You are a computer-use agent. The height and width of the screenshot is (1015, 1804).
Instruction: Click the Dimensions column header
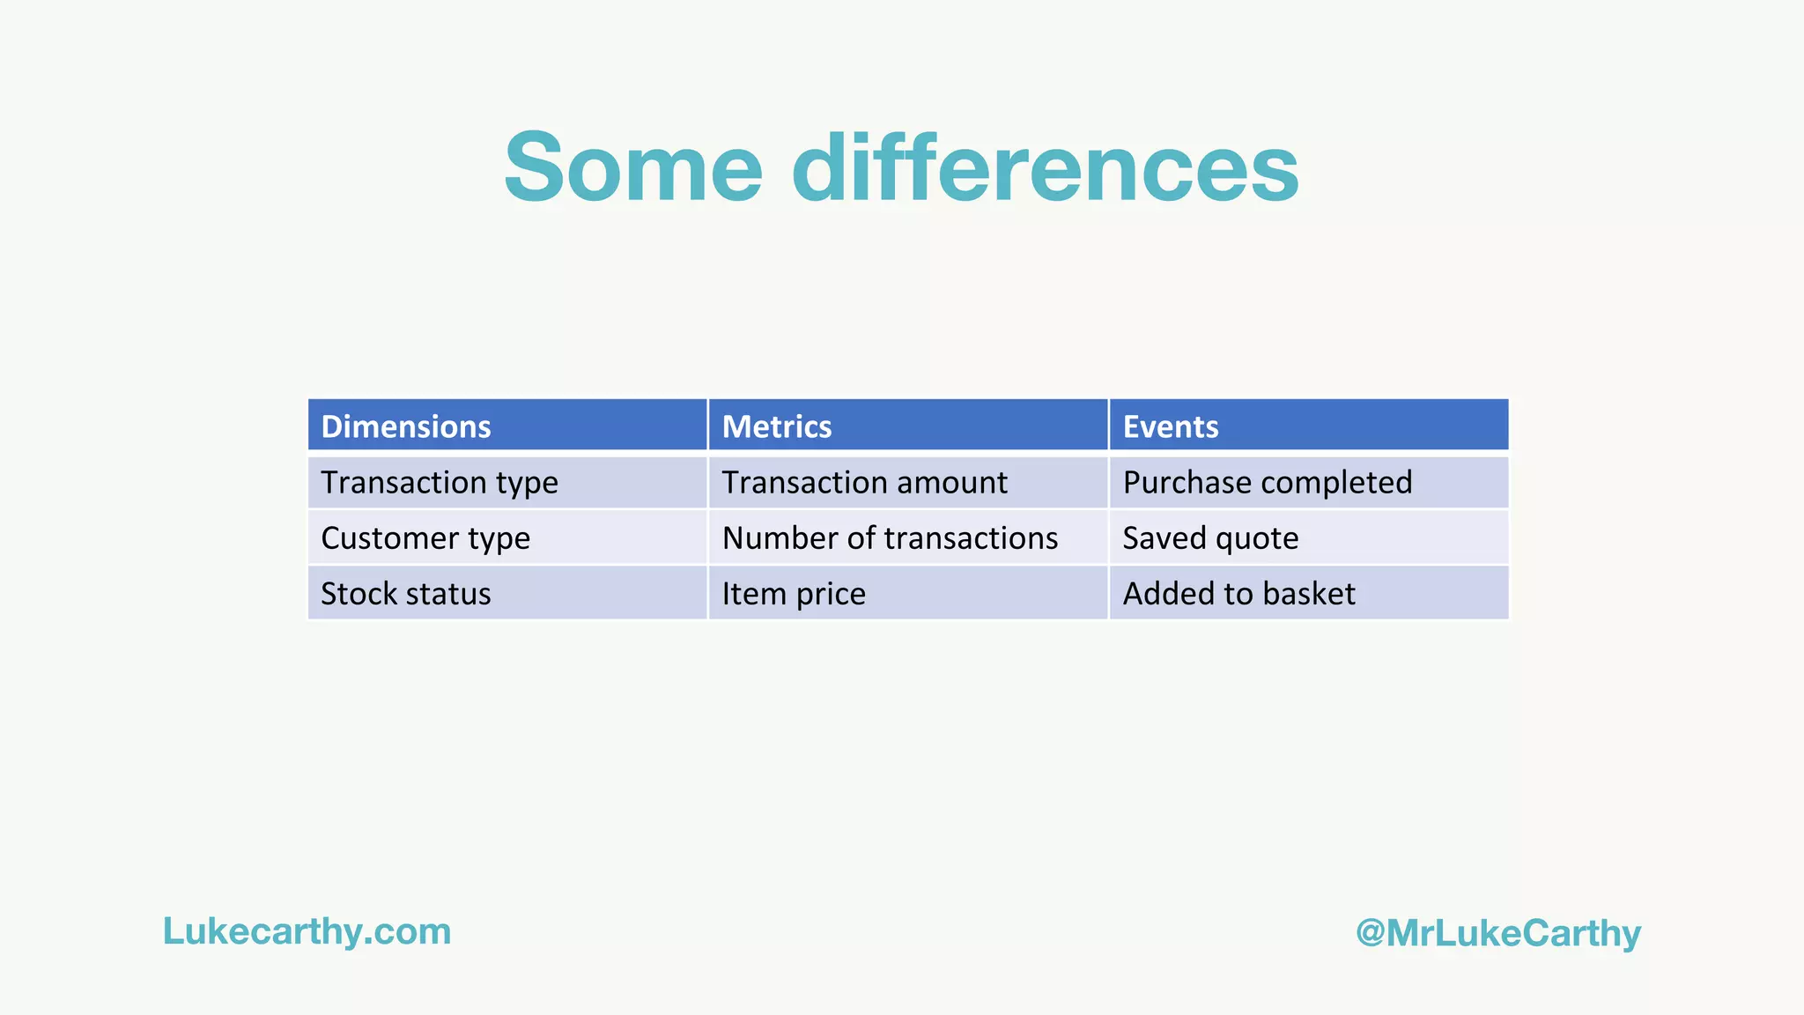(x=406, y=426)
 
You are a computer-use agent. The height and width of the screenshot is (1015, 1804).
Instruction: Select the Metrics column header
(x=776, y=426)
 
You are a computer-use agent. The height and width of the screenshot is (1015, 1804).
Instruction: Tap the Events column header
(x=1170, y=426)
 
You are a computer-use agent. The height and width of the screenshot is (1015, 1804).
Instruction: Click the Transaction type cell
(x=439, y=483)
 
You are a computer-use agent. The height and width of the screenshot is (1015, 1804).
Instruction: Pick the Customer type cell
(x=425, y=538)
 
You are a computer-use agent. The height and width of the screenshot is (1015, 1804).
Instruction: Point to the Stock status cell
(x=405, y=594)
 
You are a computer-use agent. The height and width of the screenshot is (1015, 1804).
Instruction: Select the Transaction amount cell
(x=864, y=483)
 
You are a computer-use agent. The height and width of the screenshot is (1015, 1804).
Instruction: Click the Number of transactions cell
(x=890, y=538)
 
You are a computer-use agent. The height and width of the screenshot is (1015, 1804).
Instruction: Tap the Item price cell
(x=793, y=594)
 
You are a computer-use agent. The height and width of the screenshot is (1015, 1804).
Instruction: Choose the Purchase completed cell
(x=1267, y=483)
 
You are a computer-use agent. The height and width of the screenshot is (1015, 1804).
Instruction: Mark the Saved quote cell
(x=1210, y=538)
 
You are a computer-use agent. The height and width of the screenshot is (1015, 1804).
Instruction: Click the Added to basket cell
(x=1238, y=594)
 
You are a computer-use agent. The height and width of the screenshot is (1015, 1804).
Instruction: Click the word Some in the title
(x=632, y=167)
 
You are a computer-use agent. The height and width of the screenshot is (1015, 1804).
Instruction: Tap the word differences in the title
(x=1045, y=167)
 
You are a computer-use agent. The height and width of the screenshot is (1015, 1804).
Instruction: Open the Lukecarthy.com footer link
(x=307, y=931)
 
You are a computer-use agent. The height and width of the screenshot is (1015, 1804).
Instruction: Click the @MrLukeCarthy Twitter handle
(x=1498, y=933)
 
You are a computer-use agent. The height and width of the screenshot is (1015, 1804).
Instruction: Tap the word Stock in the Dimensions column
(x=359, y=594)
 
